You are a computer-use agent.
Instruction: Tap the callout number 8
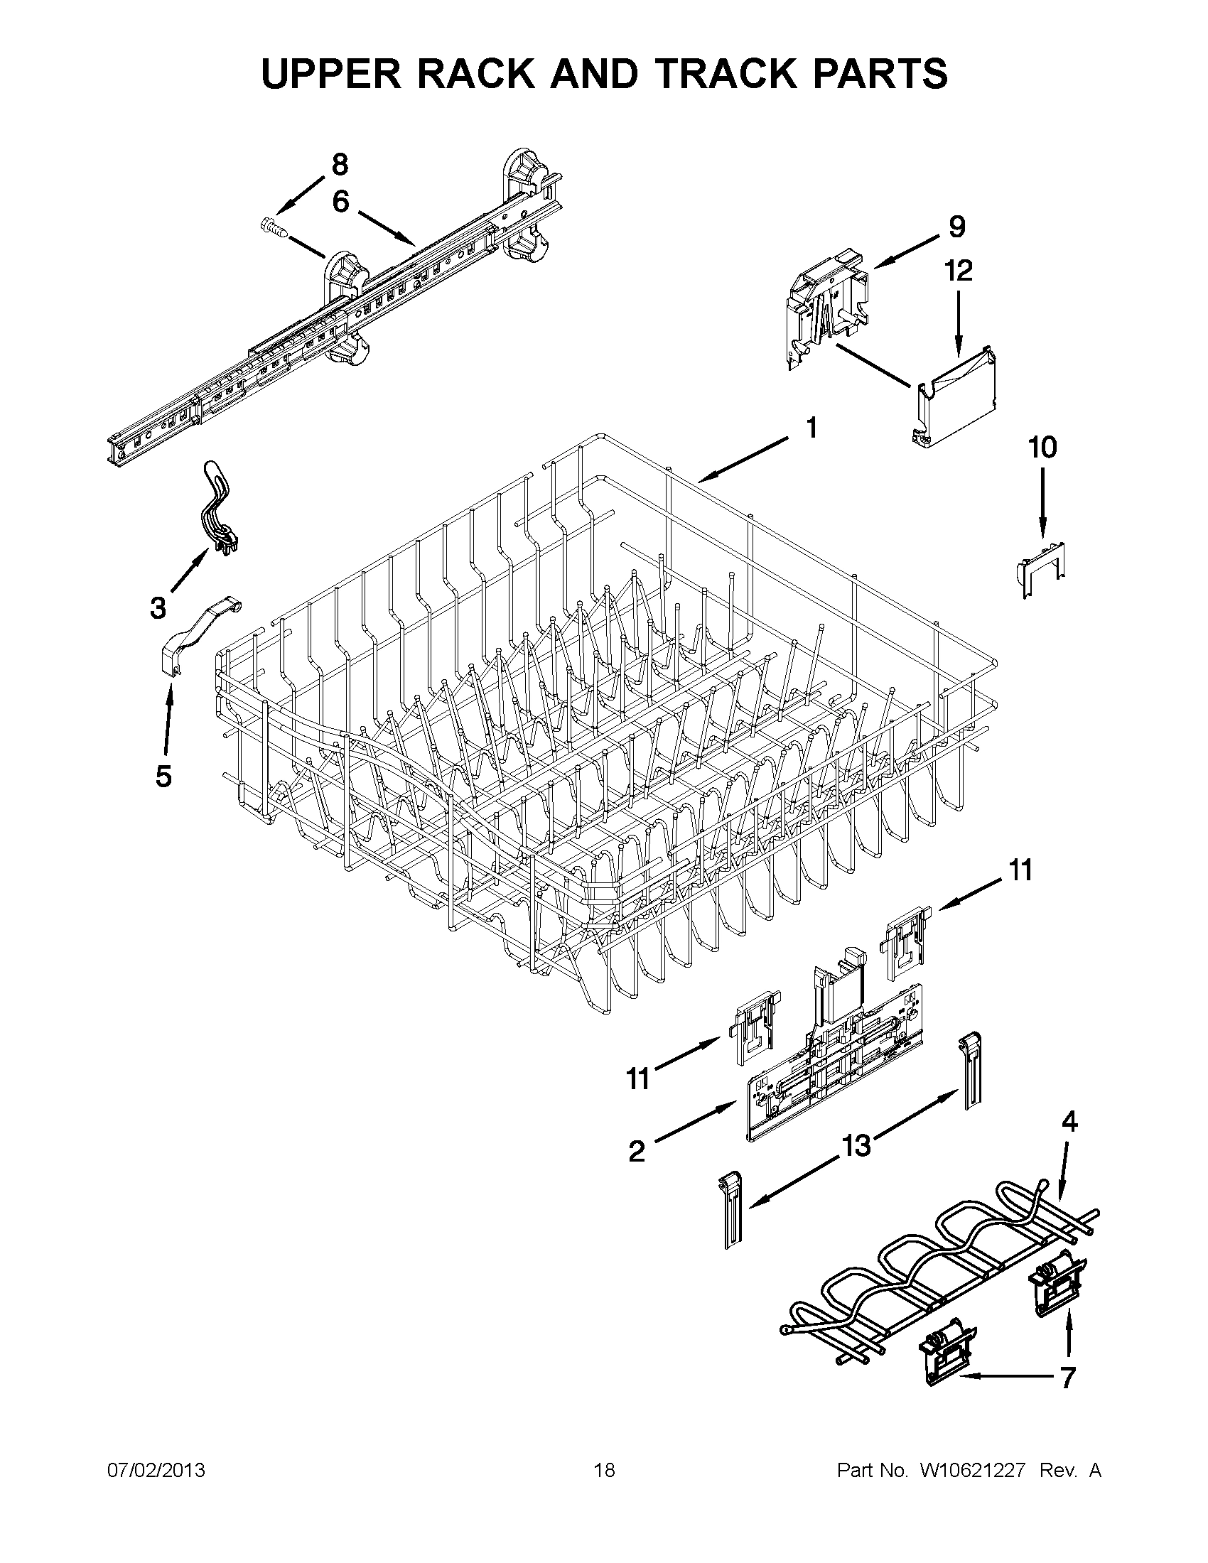340,165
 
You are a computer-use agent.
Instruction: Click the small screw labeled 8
276,228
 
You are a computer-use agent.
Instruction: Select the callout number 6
340,202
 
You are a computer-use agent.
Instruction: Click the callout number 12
959,271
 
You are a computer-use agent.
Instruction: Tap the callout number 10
1041,448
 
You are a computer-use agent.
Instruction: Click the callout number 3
158,607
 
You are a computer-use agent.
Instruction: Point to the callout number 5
164,777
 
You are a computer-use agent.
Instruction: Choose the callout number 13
856,1146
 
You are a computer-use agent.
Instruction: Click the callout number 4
1068,1121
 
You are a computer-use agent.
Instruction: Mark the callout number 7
1067,1376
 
